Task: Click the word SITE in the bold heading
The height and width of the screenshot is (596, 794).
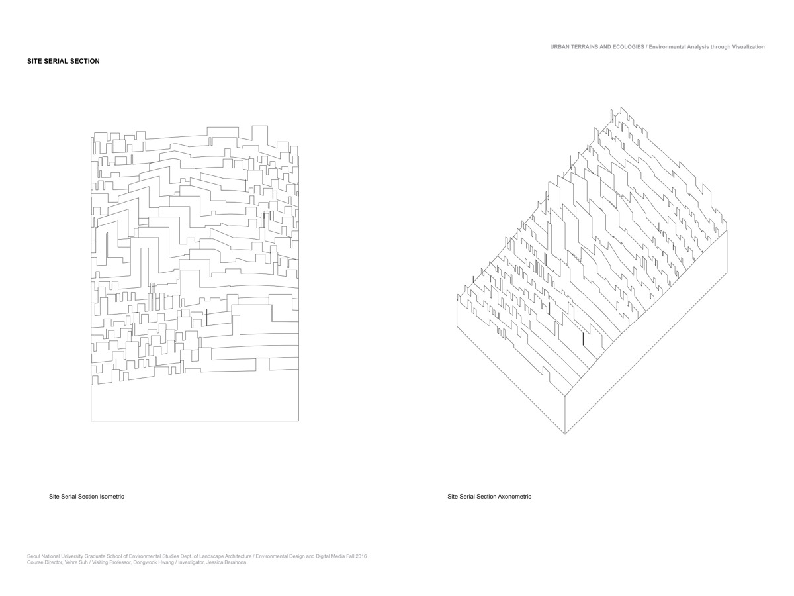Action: click(34, 61)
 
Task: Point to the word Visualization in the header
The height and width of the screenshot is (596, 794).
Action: click(748, 46)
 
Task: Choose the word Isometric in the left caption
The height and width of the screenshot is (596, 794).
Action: click(112, 497)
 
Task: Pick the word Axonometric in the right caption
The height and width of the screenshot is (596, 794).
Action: click(515, 497)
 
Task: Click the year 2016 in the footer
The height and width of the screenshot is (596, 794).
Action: click(361, 556)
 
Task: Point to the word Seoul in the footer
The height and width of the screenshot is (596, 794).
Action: click(33, 556)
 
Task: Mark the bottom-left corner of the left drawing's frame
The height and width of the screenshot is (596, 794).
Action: click(91, 421)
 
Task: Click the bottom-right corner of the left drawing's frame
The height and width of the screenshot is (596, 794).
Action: click(299, 421)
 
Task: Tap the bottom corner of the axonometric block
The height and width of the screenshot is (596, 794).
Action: click(565, 434)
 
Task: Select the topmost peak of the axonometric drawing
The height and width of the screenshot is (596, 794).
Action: click(621, 107)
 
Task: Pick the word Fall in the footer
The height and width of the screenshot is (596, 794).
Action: click(348, 556)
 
